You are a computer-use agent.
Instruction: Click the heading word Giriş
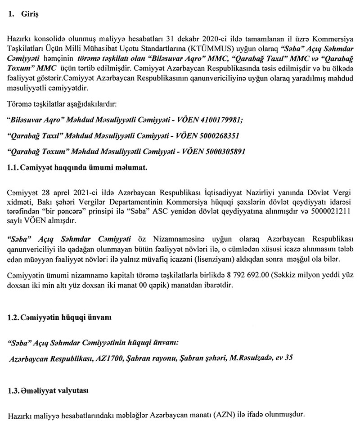31,14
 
